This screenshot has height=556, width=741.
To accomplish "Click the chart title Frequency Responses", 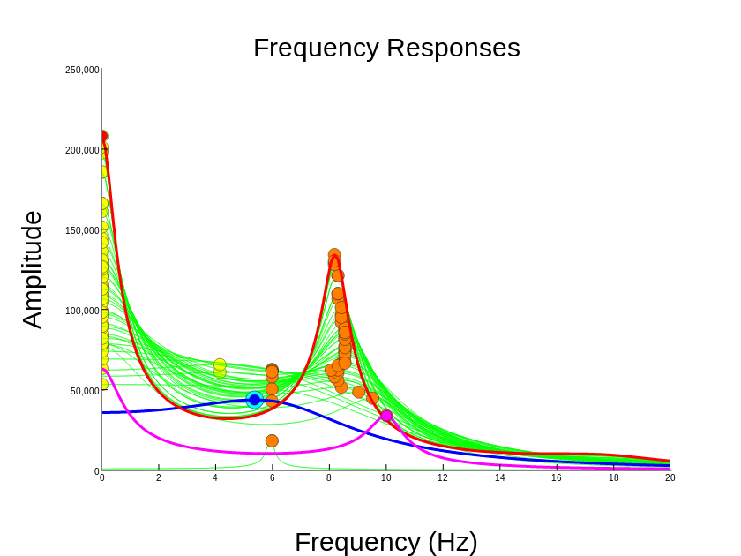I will [x=386, y=48].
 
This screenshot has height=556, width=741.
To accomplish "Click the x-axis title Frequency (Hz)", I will [x=385, y=541].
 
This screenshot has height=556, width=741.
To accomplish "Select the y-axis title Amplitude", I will [x=32, y=270].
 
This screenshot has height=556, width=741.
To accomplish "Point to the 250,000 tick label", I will [x=82, y=71].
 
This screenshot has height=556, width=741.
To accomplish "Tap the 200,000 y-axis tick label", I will [x=82, y=151].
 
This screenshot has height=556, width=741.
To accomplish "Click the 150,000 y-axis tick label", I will [x=82, y=231].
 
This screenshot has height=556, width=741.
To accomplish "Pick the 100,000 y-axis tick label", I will [x=82, y=312].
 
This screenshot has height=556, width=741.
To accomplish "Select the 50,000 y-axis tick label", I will [x=85, y=392].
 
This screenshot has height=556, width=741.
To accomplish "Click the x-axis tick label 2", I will [x=159, y=478].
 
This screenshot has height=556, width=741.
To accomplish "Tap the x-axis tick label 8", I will [x=329, y=478].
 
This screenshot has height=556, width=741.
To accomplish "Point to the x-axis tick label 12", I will [x=443, y=478].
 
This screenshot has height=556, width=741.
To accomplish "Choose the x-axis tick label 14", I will [x=500, y=478].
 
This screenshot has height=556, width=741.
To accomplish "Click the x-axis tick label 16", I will [x=557, y=478].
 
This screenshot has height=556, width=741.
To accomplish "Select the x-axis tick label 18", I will [x=614, y=478].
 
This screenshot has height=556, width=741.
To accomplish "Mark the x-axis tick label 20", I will [x=670, y=478].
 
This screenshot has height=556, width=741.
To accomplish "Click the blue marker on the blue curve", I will [x=255, y=400].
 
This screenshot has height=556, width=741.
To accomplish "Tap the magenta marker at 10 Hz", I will [x=386, y=416].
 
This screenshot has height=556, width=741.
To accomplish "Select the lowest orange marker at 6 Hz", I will [x=272, y=441].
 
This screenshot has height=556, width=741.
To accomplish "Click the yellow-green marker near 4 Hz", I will [x=220, y=365].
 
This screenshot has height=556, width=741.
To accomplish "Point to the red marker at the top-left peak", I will [x=102, y=137].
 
